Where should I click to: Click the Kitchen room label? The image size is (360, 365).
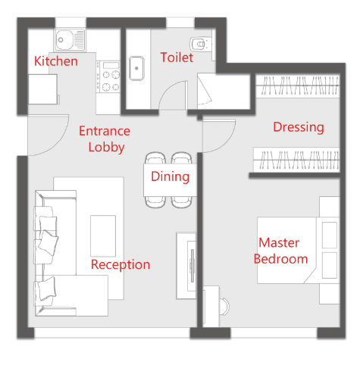[x=56, y=61]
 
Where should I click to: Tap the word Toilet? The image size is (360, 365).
[x=177, y=58]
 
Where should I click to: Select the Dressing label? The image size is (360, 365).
[x=299, y=127]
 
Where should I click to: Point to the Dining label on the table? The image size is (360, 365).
[x=171, y=176]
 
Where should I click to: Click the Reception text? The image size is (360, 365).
[x=121, y=265]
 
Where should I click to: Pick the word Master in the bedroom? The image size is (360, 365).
[x=279, y=243]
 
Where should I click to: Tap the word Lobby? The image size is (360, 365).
[x=106, y=147]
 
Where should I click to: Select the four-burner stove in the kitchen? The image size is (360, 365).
[x=108, y=76]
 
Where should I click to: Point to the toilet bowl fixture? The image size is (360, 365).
[x=200, y=44]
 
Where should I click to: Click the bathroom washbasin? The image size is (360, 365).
[x=136, y=68]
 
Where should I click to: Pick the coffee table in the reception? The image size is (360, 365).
[x=103, y=236]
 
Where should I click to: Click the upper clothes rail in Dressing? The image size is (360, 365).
[x=297, y=86]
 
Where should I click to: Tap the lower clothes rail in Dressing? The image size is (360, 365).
[x=296, y=160]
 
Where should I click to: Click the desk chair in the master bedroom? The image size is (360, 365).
[x=224, y=307]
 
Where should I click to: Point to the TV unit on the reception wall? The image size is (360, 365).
[x=186, y=266]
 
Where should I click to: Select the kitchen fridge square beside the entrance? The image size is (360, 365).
[x=42, y=89]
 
